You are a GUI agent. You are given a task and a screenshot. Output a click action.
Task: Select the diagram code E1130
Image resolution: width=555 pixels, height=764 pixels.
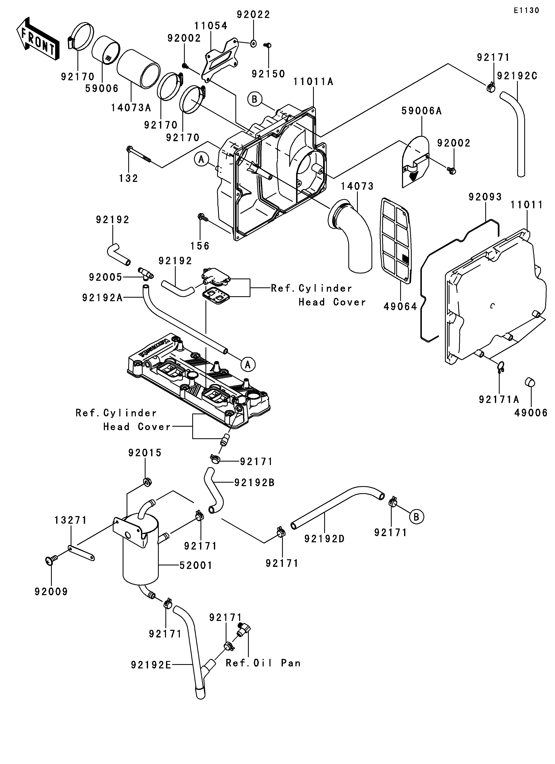click(x=526, y=11)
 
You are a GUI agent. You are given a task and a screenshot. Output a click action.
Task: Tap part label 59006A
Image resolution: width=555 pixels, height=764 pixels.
click(x=421, y=111)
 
